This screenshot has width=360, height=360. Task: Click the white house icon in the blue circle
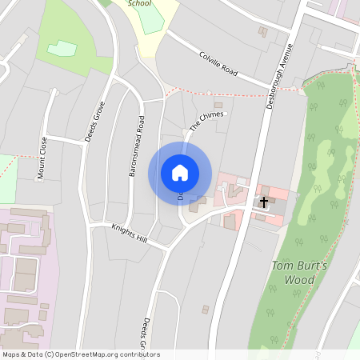180,173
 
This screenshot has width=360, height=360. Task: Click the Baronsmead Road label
136,146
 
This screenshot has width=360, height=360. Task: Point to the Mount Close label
42,158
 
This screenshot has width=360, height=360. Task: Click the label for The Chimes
207,121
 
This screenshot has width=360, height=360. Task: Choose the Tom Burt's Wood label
282,273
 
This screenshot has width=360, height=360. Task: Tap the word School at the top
139,3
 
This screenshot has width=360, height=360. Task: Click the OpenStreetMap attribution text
80,354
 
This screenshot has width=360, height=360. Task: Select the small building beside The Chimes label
218,105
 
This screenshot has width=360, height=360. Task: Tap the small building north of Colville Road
262,31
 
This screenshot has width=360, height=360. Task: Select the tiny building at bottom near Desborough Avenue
206,309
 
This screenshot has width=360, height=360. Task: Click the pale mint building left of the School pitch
62,49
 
